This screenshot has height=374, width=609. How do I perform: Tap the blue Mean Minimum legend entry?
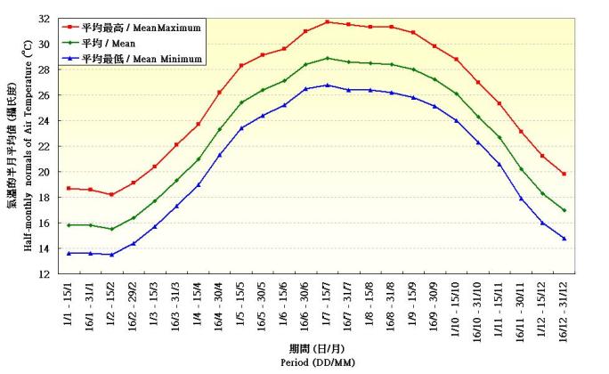(x=143, y=58)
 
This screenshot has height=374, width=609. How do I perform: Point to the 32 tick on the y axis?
(x=44, y=18)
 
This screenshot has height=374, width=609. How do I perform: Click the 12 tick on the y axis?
(x=44, y=274)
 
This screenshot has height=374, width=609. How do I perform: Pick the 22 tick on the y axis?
(x=44, y=146)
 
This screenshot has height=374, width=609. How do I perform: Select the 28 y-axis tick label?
(x=44, y=69)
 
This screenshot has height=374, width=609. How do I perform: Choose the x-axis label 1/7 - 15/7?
(x=328, y=308)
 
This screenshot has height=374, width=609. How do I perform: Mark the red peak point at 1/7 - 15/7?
(x=328, y=21)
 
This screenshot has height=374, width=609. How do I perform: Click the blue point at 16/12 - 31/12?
(x=564, y=239)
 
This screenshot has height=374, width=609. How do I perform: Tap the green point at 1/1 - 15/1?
(x=69, y=225)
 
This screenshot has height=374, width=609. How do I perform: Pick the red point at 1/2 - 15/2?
(x=111, y=194)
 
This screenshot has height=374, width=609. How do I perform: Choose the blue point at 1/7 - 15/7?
(x=328, y=85)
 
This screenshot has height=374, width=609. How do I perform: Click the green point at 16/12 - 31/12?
(x=564, y=210)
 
